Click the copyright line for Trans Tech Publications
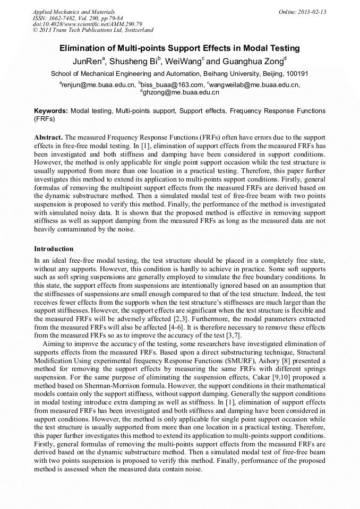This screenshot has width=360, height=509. coord(93,30)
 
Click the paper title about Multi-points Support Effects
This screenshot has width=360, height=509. coord(179,48)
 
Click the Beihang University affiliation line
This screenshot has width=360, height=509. coord(179,74)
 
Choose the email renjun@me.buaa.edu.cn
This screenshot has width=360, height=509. coord(98,84)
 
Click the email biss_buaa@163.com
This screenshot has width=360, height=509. coord(172,84)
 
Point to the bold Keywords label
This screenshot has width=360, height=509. coord(50,111)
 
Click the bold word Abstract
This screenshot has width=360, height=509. coord(49,136)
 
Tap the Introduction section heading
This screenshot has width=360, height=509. coord(54,248)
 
